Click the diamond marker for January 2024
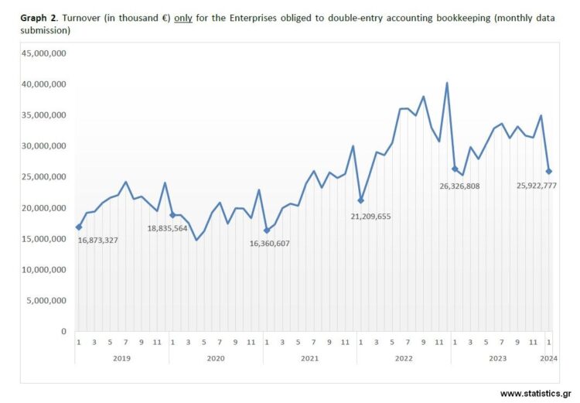[x=549, y=171]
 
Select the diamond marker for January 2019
[x=78, y=227]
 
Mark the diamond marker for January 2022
[x=360, y=200]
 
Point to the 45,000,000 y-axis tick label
[x=44, y=53]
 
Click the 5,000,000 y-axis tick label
[x=47, y=301]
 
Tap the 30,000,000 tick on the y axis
[x=44, y=146]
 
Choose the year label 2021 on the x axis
[x=309, y=358]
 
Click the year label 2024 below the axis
[x=548, y=358]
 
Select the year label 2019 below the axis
[x=121, y=358]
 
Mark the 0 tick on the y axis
[x=63, y=332]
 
